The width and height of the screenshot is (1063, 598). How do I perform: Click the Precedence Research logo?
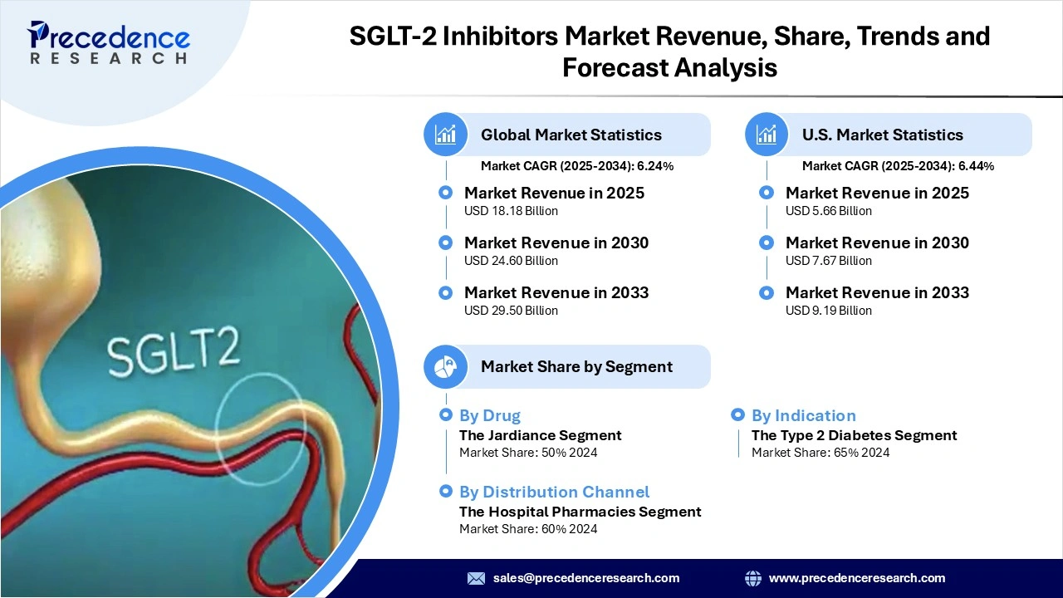point(109,42)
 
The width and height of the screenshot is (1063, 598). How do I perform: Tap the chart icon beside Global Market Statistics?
point(446,135)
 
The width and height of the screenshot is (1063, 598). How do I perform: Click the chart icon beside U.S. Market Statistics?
point(767,135)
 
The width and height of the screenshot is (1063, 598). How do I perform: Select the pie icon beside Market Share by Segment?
point(446,366)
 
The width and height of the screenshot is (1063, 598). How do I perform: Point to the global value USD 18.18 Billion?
point(511,211)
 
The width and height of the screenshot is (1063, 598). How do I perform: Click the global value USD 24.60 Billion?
point(511,261)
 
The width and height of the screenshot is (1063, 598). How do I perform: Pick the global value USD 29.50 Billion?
point(511,311)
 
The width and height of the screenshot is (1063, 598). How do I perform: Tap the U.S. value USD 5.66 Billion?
point(829,211)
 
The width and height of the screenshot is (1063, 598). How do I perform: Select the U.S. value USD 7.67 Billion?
point(829,261)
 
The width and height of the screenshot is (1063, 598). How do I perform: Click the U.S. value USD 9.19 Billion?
point(829,311)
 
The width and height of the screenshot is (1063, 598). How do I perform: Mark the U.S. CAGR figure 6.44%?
point(976,166)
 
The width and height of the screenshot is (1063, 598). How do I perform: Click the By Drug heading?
point(490,415)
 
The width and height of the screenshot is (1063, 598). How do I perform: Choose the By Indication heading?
point(803,415)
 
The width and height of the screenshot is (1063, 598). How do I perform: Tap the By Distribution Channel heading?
point(554,492)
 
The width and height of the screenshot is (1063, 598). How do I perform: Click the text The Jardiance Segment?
point(540,435)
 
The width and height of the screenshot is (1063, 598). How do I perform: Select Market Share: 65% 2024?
point(821,453)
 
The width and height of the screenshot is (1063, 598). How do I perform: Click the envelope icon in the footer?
point(476,578)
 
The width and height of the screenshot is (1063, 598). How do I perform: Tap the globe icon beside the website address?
point(753,578)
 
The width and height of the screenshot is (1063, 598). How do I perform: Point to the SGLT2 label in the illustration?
point(174,352)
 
